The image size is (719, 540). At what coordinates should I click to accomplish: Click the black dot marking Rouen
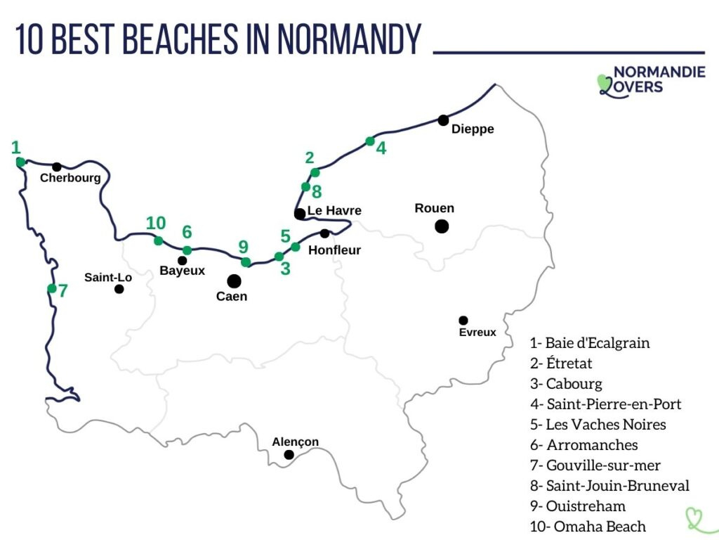[x=442, y=226]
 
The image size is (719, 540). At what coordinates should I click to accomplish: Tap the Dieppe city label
[x=473, y=129]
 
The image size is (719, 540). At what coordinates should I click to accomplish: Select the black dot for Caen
[x=234, y=281]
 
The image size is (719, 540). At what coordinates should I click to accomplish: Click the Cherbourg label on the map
[x=70, y=178]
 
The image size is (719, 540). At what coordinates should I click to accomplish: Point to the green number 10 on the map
[x=156, y=224]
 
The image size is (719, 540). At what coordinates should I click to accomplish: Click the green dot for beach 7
[x=52, y=288]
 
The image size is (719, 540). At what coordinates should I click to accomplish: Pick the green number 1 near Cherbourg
[x=15, y=148]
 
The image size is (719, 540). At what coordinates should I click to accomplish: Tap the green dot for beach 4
[x=370, y=141]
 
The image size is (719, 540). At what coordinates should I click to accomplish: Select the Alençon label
[x=295, y=442]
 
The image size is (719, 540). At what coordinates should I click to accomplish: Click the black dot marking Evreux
[x=463, y=320]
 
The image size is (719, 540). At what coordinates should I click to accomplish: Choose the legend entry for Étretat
[x=561, y=364]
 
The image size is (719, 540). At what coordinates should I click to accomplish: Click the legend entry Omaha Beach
[x=588, y=526]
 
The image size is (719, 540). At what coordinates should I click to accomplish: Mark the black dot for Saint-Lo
[x=119, y=289]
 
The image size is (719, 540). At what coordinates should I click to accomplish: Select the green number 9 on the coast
[x=243, y=247]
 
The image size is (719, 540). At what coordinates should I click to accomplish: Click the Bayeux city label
[x=182, y=271]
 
